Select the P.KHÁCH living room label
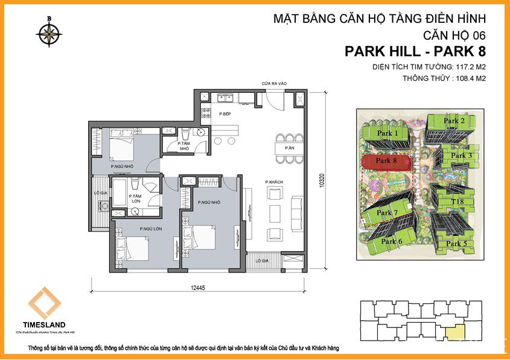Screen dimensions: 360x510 click(x=274, y=182)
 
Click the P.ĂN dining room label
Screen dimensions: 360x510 click(x=288, y=147)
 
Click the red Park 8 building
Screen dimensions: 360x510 click(x=387, y=162)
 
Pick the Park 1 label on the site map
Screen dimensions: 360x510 click(x=387, y=133)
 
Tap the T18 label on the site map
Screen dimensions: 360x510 click(x=457, y=201)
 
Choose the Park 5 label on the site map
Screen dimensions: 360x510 click(x=456, y=244)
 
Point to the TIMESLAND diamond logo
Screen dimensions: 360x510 click(x=42, y=304)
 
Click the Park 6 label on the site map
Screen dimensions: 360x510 click(x=392, y=242)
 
